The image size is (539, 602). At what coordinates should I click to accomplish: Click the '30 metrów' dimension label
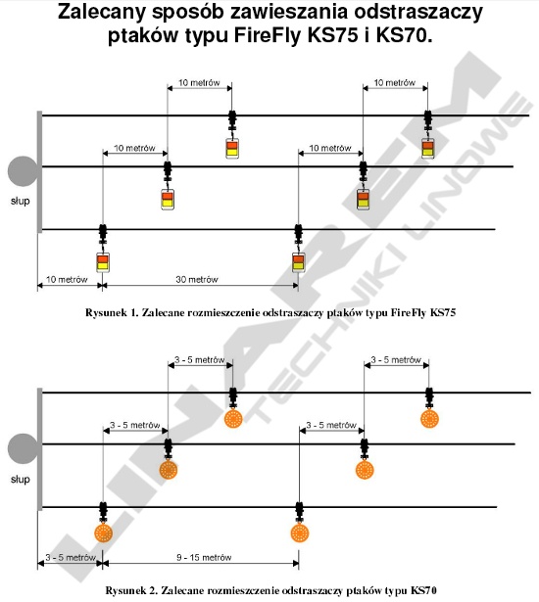197,279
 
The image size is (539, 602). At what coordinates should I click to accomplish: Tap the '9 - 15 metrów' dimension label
204,557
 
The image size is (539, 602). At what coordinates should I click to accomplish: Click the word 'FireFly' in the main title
268,35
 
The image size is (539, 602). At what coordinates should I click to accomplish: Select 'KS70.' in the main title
404,35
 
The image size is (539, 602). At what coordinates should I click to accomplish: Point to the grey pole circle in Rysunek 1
24,171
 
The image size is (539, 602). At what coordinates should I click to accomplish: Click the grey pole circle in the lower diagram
24,449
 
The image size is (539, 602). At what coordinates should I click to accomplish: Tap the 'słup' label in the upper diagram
20,201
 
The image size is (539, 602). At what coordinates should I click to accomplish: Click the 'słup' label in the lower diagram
20,479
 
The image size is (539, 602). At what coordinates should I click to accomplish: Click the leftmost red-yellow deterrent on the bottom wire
103,262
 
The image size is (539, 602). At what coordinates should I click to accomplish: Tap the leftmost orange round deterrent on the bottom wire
103,533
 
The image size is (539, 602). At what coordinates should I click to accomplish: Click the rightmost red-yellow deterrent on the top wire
428,148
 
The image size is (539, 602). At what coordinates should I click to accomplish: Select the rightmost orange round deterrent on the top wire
430,419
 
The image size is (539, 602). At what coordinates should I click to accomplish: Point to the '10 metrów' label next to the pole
67,279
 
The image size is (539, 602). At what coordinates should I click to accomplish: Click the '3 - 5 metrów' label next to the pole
71,557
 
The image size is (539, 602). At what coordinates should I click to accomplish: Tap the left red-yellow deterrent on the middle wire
168,200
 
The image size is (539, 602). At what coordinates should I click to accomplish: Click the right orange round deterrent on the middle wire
365,470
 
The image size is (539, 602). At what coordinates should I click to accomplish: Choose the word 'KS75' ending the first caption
443,312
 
